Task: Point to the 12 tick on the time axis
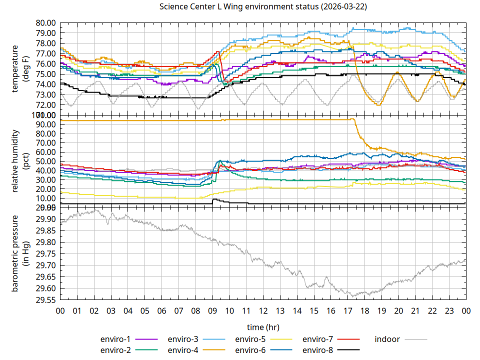click(x=263, y=310)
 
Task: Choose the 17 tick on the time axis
click(x=347, y=310)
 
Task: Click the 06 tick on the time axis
click(x=161, y=310)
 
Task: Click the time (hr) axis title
click(x=263, y=326)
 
